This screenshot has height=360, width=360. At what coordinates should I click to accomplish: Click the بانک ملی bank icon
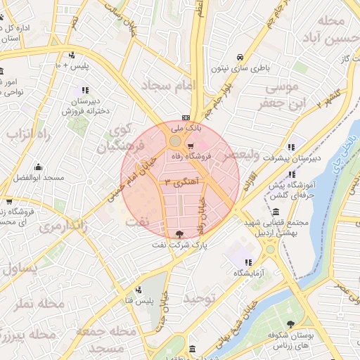point(185,117)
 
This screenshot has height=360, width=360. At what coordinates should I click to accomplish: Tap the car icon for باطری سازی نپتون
point(240,57)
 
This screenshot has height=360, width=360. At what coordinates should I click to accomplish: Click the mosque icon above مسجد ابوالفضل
point(38,167)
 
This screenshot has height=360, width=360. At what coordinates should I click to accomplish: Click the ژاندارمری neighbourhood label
point(62,227)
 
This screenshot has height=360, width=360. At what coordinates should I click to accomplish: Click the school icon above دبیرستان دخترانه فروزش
point(85,90)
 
